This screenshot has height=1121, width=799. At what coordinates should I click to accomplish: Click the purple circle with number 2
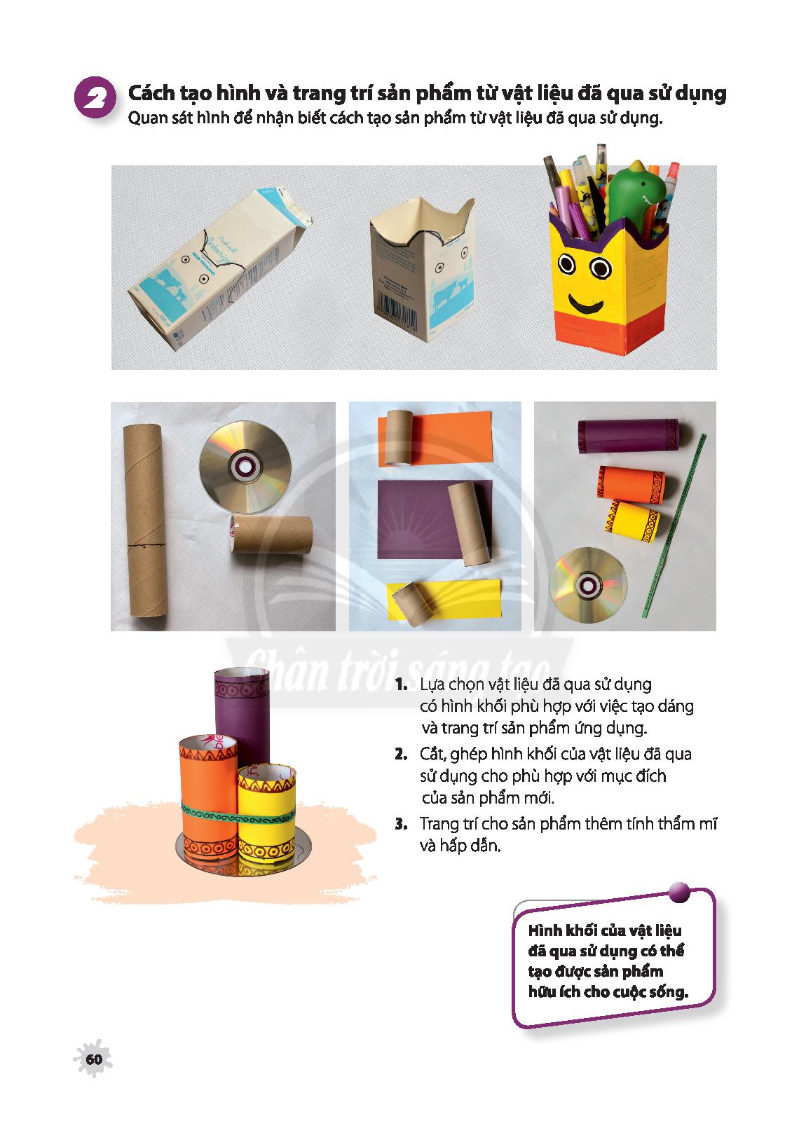tap(95, 97)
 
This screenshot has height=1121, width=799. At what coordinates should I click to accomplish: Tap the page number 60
tap(94, 1059)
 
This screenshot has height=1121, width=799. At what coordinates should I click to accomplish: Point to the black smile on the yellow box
tap(585, 303)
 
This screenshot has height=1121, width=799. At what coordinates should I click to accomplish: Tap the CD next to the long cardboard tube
tap(245, 467)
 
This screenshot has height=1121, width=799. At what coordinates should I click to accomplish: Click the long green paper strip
tap(674, 525)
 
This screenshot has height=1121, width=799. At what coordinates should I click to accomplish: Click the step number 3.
tap(401, 824)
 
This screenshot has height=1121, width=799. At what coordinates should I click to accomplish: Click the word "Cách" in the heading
tap(152, 93)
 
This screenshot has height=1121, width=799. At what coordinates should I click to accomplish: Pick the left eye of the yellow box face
tap(567, 263)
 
